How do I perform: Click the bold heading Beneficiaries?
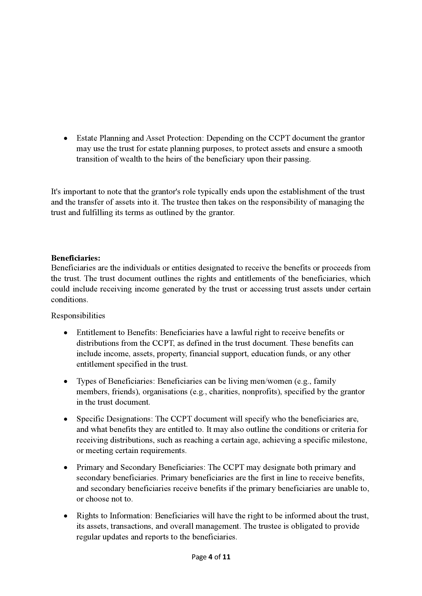coord(76,258)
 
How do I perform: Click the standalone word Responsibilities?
coord(78,315)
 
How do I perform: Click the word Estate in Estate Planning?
coord(86,138)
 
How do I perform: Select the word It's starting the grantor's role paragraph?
coord(56,192)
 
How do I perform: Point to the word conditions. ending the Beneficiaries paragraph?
coord(69,300)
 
